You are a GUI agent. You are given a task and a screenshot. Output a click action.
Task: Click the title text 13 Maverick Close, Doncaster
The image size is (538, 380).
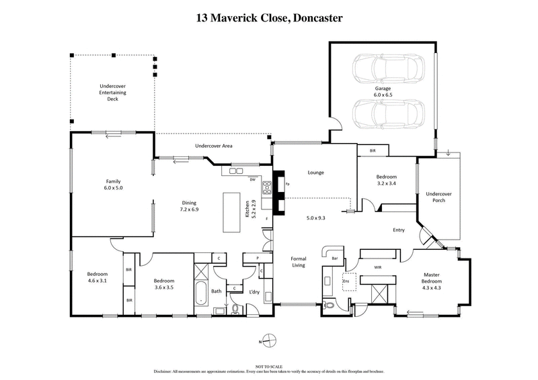pos(269,17)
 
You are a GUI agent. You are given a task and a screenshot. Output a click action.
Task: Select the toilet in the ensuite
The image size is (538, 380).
pos(329,305)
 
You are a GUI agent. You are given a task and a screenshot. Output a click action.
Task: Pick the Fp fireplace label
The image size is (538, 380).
pos(287,184)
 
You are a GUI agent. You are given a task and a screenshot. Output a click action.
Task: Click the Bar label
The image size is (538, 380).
pos(334,258)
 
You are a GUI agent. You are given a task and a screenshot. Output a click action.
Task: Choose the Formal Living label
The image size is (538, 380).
pos(298,262)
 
